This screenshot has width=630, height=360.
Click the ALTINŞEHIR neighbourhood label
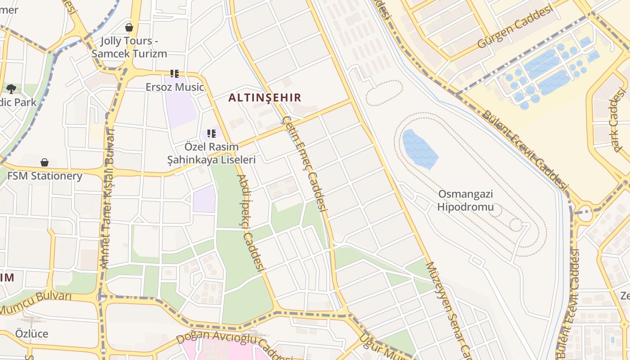[265, 98]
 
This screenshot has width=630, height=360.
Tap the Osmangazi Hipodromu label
[465, 201]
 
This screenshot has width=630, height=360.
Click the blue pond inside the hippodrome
[419, 148]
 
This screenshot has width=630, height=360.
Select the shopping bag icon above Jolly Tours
[129, 27]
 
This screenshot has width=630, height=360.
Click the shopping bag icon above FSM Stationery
[45, 162]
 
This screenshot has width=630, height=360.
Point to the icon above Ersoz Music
[175, 74]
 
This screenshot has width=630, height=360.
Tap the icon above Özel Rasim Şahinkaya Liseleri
[211, 134]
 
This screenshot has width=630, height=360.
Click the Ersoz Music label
[175, 87]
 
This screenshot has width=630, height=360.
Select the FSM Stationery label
[45, 176]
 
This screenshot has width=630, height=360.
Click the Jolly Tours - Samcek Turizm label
[129, 47]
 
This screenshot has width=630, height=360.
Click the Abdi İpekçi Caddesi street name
[250, 223]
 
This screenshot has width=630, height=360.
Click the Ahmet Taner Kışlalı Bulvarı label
[108, 198]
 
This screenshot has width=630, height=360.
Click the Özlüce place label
[31, 334]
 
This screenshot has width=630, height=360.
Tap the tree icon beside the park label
[11, 89]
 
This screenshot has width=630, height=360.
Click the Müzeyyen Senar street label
[448, 310]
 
